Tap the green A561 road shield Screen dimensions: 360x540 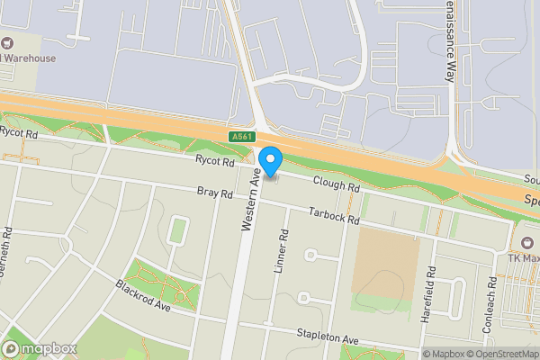pyautogui.click(x=239, y=136)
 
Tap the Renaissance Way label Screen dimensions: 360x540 pyautogui.click(x=452, y=40)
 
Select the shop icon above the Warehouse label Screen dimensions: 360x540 pyautogui.click(x=8, y=42)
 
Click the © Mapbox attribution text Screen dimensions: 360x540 pyautogui.click(x=444, y=354)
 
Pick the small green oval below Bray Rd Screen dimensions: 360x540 pyautogui.click(x=177, y=230)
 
